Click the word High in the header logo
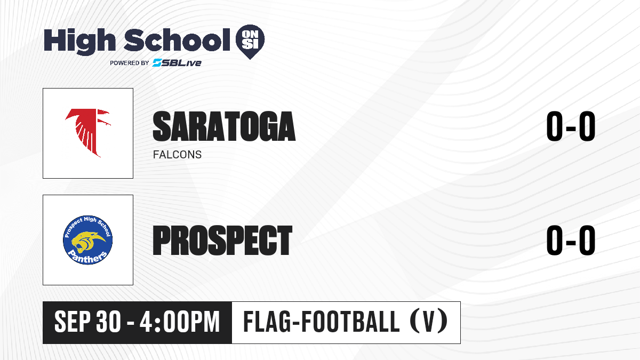click(x=80, y=42)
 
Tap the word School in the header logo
click(x=177, y=40)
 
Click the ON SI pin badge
click(x=250, y=42)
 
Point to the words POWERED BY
click(x=130, y=63)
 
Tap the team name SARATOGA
click(x=224, y=126)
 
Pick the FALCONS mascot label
click(x=177, y=155)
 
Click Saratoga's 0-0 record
click(x=571, y=126)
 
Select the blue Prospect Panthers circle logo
click(x=87, y=240)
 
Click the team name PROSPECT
click(x=222, y=240)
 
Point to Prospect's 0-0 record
click(x=571, y=240)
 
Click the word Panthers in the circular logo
click(x=89, y=257)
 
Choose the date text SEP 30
click(x=87, y=322)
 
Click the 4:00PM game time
click(x=179, y=322)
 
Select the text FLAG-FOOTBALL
click(x=321, y=322)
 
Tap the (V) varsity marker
click(x=429, y=322)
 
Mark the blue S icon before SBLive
click(x=157, y=63)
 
